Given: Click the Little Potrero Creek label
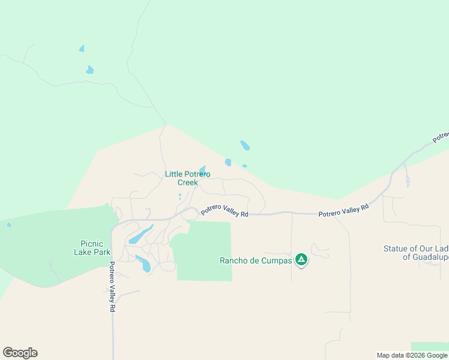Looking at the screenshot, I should pos(187,178).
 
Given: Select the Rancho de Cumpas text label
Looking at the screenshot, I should pos(256,260).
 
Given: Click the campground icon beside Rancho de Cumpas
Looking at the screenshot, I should pos(301,260).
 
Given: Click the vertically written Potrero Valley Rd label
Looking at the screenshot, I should pos(112,286).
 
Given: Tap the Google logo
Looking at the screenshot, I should pos(20,353).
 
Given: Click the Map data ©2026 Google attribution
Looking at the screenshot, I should pos(412,355).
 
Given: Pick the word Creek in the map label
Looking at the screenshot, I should pos(187,182).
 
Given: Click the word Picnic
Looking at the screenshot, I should pos(92,244).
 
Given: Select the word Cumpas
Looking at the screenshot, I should pos(276,260).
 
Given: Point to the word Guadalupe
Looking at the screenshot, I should pos(426,257).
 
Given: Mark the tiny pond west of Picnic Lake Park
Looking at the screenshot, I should pos(8,225).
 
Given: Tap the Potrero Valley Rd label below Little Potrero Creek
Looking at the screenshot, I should pos(224,211).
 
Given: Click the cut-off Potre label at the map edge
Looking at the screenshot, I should pos(441,137).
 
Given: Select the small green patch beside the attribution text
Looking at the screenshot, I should pos(429,346).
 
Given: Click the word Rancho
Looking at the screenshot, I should pos(234,260).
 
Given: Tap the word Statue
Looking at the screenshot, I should pos(396,248).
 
